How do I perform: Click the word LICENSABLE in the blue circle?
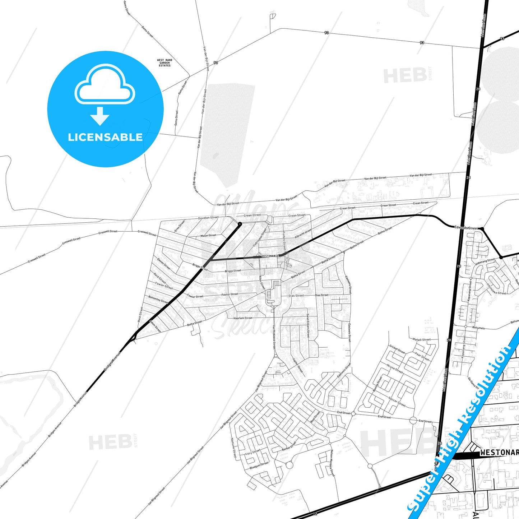coord(105,137)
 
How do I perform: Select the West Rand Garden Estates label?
coord(164,63)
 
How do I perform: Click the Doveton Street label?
coord(208,218)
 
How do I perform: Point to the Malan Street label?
coord(208,236)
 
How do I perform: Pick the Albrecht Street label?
coord(303,233)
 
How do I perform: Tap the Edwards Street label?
coord(466,228)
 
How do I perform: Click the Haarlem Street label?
coord(243,318)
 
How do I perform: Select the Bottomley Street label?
coord(158,299)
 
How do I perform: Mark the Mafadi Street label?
coord(421,339)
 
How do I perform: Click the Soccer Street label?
coord(397,402)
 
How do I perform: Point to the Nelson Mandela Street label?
coord(332,463)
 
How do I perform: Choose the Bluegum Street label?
coord(259,465)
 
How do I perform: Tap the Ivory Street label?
coord(252,453)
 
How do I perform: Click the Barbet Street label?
coord(289,446)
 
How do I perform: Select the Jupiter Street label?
coord(298,365)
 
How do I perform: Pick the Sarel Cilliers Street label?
coord(308,325)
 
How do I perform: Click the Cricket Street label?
coord(397,349)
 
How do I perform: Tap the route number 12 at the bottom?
coord(315,514)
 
